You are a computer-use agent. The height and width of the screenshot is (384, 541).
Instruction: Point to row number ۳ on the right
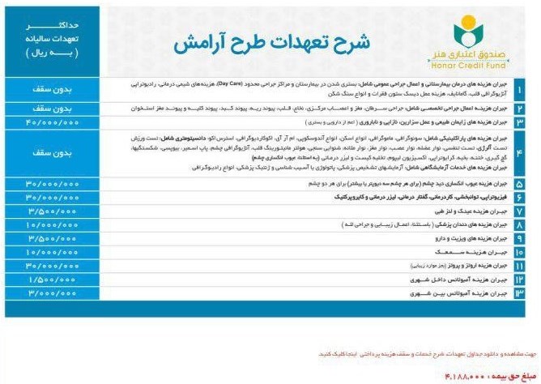pyautogui.click(x=519, y=122)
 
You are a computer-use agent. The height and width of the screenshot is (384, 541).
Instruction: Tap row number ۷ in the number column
pyautogui.click(x=519, y=210)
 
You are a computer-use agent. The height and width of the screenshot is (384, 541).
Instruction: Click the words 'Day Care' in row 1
pyautogui.click(x=237, y=83)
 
